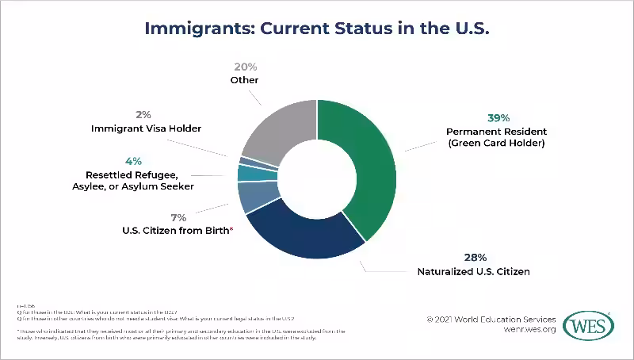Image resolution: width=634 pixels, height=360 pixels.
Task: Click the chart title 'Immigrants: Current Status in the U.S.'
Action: coord(317,29)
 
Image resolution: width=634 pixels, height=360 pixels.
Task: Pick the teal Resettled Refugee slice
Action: coord(247,173)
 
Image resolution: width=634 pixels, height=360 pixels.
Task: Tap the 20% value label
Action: coord(245,67)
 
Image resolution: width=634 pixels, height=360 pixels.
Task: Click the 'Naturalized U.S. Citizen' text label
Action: coord(474,272)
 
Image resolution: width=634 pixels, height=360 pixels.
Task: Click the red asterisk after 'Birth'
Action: coord(231,230)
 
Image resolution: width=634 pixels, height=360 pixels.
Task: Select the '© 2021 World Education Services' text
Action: coord(491,320)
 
